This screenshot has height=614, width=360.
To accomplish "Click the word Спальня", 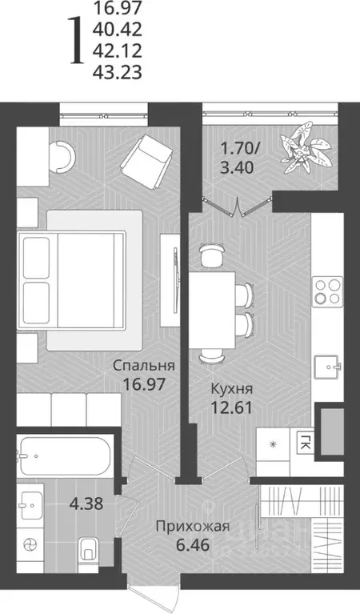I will (144, 366).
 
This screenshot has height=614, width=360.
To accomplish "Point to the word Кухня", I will (233, 388).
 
